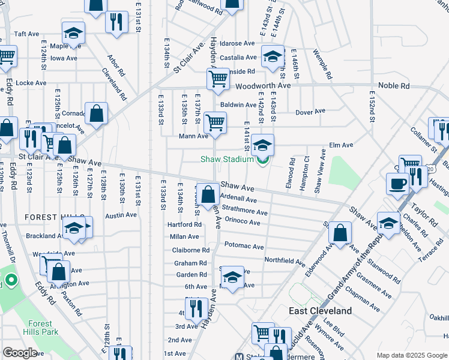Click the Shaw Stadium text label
[x=227, y=159]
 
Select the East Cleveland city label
[x=320, y=311]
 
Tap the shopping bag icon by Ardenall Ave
[x=208, y=194]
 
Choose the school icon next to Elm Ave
[x=262, y=145]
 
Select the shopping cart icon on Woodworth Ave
[x=218, y=79]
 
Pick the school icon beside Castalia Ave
[x=273, y=57]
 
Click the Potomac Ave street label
[x=244, y=246]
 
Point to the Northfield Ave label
[x=285, y=261]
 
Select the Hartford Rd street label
[x=184, y=224]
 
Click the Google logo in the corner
[x=19, y=353]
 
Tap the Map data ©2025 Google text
[x=411, y=355]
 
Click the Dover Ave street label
[x=310, y=111]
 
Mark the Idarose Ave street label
[x=237, y=44]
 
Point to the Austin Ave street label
[x=121, y=215]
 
